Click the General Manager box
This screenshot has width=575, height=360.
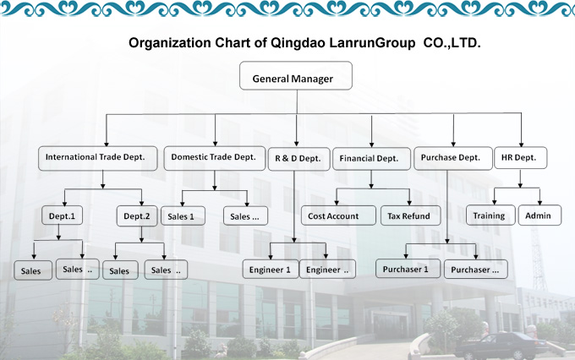pyautogui.click(x=293, y=79)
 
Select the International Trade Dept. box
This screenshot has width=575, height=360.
pyautogui.click(x=101, y=157)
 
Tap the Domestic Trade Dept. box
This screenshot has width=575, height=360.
pyautogui.click(x=213, y=157)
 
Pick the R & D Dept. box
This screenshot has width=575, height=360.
pyautogui.click(x=297, y=158)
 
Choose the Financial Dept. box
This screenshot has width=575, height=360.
pyautogui.click(x=369, y=158)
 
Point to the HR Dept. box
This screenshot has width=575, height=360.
pyautogui.click(x=520, y=157)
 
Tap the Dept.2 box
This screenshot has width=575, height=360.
pyautogui.click(x=136, y=216)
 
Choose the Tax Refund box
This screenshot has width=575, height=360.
pyautogui.click(x=408, y=216)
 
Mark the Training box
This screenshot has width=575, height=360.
pyautogui.click(x=490, y=215)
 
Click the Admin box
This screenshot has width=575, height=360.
pyautogui.click(x=538, y=215)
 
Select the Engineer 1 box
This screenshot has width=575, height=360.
pyautogui.click(x=270, y=270)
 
